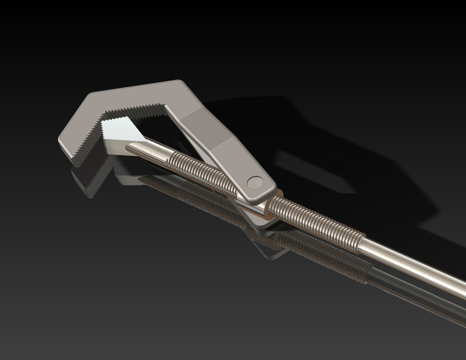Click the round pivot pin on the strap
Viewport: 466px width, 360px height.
click(x=254, y=181)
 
